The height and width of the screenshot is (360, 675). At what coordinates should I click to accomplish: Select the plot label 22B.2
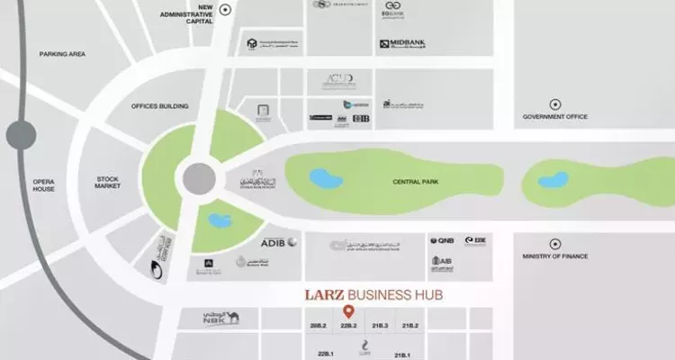click(x=349, y=325)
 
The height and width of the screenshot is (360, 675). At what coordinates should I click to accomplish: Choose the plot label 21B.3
click(x=379, y=325)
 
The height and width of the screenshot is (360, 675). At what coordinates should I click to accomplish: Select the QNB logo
click(x=442, y=241)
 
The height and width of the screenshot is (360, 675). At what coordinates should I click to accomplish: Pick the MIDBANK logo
click(x=406, y=42)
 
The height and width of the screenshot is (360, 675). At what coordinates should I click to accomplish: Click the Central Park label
click(x=414, y=182)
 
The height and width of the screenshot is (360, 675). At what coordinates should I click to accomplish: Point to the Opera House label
click(x=42, y=184)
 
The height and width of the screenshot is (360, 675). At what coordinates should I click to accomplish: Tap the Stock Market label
click(x=107, y=184)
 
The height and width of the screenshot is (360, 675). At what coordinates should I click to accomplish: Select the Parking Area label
click(x=62, y=55)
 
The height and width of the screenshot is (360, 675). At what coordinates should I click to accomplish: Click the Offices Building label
click(x=159, y=106)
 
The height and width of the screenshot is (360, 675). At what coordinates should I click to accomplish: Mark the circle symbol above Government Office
click(x=555, y=103)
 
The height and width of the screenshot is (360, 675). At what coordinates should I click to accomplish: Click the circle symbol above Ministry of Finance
click(x=555, y=242)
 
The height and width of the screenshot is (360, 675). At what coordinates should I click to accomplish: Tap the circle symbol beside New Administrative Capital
click(x=227, y=10)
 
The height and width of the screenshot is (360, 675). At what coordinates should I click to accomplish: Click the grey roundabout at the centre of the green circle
click(x=198, y=178)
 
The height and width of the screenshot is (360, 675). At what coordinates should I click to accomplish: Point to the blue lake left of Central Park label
click(x=327, y=178)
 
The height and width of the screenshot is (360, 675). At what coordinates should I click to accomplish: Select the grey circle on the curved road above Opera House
click(x=21, y=136)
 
